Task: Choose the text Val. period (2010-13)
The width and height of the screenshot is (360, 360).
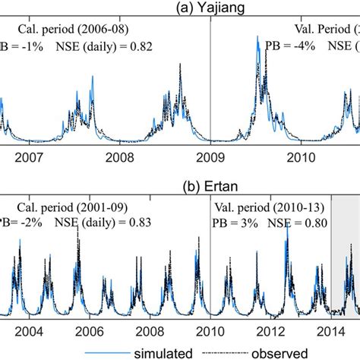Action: pos(268,205)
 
